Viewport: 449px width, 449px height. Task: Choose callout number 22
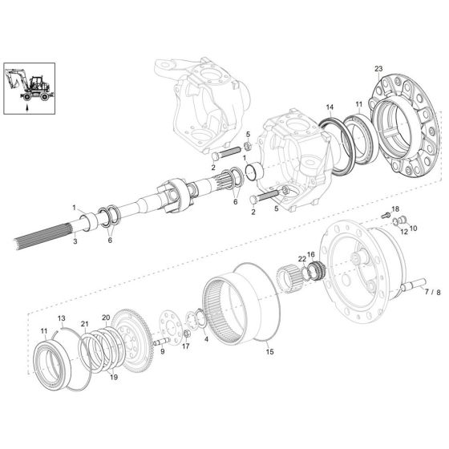pyautogui.click(x=301, y=259)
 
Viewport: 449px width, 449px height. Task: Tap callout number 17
pyautogui.click(x=186, y=346)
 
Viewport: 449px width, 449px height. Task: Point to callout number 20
pyautogui.click(x=105, y=318)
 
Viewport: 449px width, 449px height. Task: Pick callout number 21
pyautogui.click(x=84, y=323)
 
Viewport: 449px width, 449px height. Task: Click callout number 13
pyautogui.click(x=60, y=318)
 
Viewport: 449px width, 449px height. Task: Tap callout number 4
pyautogui.click(x=207, y=339)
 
